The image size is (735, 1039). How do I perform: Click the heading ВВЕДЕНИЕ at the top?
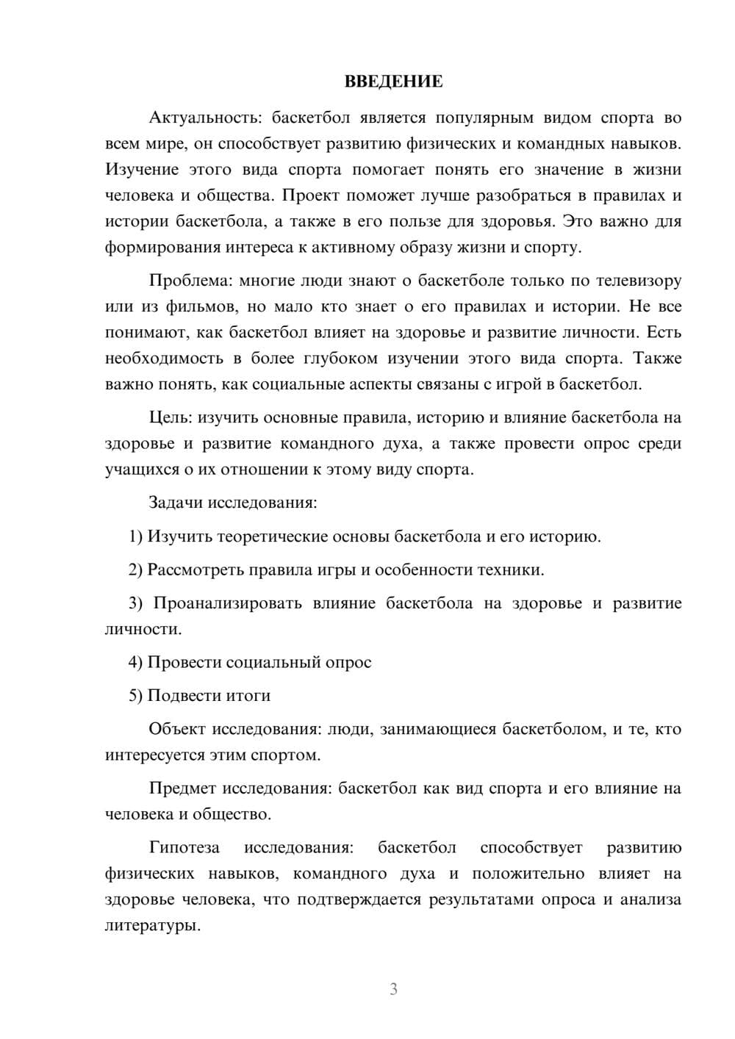click(393, 82)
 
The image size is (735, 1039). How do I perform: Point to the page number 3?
click(393, 989)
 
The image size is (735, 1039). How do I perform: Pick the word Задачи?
click(176, 503)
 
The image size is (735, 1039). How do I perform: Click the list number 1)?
click(136, 536)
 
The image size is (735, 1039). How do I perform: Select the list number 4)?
click(136, 662)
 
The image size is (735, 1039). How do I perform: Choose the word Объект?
click(176, 729)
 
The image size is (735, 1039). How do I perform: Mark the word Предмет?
click(182, 788)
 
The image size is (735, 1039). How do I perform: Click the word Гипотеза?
click(184, 847)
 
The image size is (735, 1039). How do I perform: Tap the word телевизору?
click(636, 281)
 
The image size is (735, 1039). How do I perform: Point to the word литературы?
click(153, 925)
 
